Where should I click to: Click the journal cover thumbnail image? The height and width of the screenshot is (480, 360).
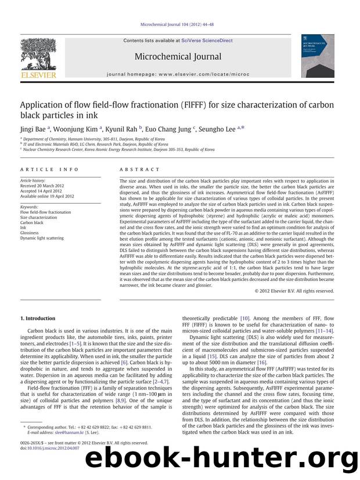tap(317, 56)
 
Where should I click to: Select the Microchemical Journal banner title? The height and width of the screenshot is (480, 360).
tap(178, 56)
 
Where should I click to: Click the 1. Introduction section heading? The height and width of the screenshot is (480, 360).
tap(38, 318)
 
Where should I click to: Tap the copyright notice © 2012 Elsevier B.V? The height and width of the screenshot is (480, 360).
tap(294, 291)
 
